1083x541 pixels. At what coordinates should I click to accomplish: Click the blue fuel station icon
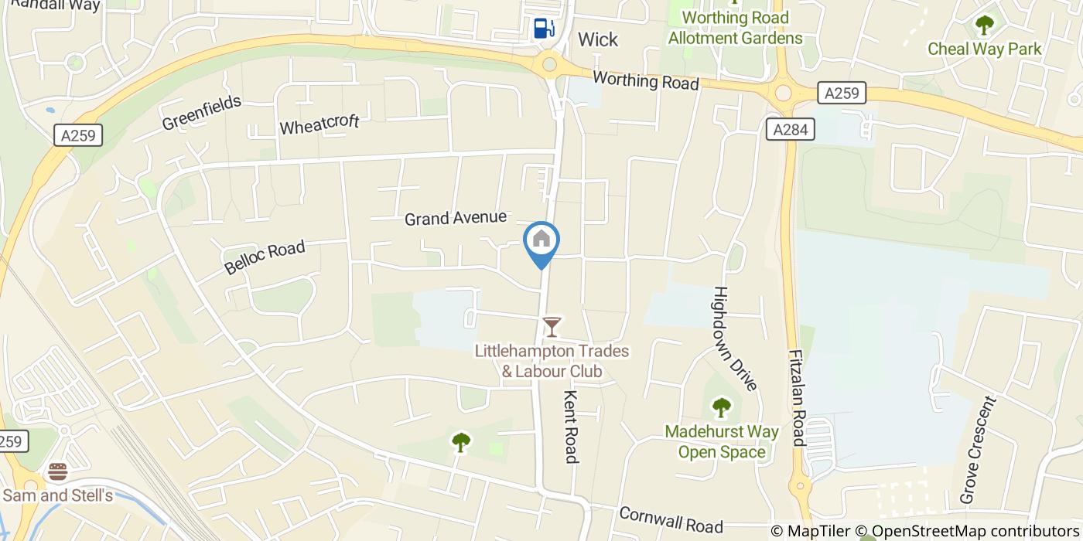coord(544,29)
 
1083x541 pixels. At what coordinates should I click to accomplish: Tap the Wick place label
coord(598,39)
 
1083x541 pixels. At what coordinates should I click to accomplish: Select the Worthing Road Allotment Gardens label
coord(735,28)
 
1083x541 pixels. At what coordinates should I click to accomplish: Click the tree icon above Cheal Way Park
coord(984,26)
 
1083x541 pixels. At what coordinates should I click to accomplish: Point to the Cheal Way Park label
coord(984,49)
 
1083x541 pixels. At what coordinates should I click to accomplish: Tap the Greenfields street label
coord(202,113)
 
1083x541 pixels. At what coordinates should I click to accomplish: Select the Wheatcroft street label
coord(319,124)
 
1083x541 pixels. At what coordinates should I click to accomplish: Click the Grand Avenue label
coord(455,219)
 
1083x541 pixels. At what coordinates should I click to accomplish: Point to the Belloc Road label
coord(265,257)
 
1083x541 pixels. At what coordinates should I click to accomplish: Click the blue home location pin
coord(541,242)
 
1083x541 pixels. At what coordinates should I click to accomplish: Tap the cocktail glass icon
coord(551,327)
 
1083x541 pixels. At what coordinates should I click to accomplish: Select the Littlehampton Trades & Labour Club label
coord(552,362)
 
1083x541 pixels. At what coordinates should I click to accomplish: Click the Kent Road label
coord(571,427)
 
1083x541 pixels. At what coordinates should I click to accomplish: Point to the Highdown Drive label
coord(736,339)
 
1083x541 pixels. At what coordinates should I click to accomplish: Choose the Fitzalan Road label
coord(798,398)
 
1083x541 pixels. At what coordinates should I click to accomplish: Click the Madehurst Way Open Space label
coord(721,442)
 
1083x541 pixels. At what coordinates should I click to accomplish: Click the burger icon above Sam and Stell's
coord(57,471)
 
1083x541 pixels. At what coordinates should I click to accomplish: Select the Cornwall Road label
coord(671,520)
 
